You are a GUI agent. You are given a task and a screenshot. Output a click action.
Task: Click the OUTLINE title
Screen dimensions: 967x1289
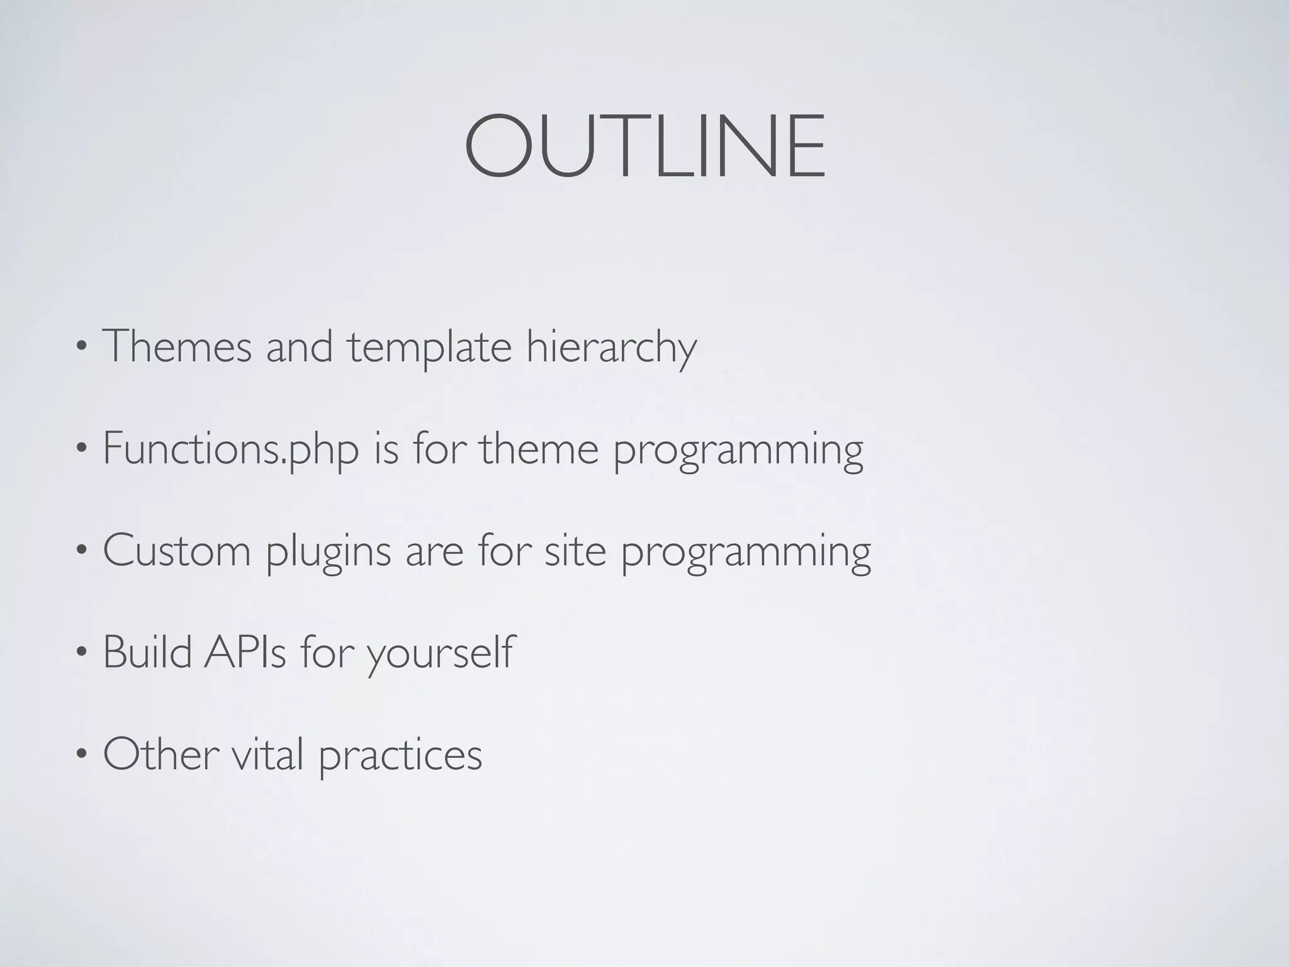644,146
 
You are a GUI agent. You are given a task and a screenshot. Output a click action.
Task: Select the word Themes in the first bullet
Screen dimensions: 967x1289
176,346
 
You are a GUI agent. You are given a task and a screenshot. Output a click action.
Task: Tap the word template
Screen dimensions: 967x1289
430,348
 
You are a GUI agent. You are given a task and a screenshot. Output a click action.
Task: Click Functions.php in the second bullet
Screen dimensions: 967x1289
230,450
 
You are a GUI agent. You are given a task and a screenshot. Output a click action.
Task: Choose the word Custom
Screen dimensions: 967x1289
176,550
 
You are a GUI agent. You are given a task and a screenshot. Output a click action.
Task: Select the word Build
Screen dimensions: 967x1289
147,652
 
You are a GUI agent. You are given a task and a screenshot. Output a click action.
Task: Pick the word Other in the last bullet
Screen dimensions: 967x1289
160,754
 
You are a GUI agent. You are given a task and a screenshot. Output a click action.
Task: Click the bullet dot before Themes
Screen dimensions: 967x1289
81,348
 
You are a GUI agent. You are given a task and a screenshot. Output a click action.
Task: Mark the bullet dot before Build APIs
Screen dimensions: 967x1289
81,653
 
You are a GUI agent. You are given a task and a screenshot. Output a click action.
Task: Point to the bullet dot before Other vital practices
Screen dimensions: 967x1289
81,755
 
